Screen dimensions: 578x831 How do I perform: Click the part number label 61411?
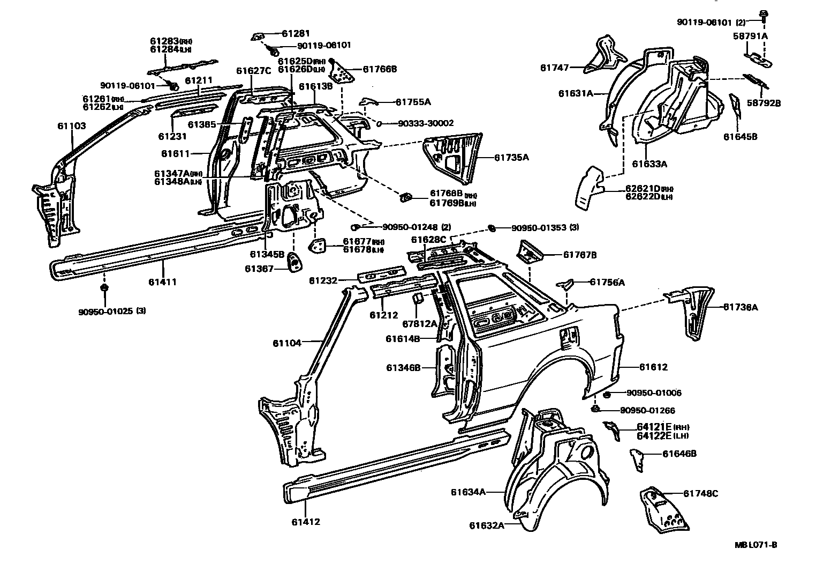(163, 282)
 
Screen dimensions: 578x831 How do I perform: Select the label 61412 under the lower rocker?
(306, 521)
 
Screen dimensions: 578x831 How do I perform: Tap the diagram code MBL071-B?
(756, 545)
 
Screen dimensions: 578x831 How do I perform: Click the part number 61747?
(554, 68)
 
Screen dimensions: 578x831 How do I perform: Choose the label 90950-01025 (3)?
(112, 310)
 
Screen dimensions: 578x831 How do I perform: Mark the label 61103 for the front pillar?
(72, 127)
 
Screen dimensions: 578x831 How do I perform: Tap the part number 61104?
(287, 343)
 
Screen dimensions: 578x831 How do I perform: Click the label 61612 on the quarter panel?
(653, 367)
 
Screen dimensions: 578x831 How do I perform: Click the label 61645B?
(741, 137)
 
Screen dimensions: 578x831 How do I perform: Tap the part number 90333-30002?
(426, 123)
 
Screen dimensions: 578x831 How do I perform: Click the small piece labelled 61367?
(294, 263)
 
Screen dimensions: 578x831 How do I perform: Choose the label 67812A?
(419, 324)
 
